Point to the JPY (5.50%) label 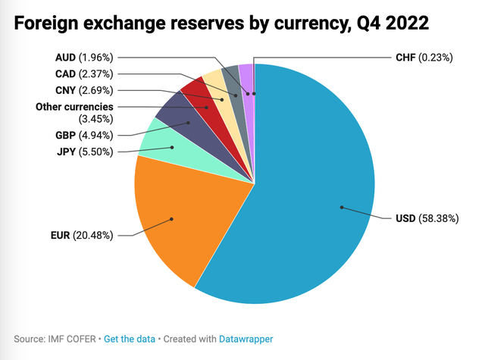86,151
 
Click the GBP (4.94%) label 84,136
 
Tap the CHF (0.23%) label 424,57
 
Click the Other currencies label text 74,106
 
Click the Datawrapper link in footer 246,338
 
